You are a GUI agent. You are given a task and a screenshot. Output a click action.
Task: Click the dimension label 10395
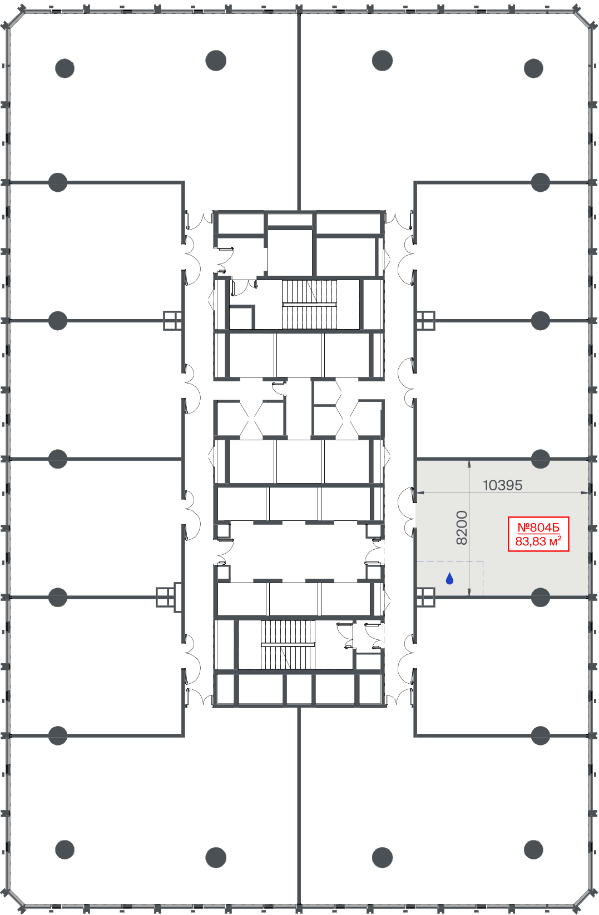(x=502, y=485)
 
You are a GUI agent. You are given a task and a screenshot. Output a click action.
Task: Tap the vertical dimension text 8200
(x=461, y=528)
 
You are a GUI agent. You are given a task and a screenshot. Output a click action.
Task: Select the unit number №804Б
(x=538, y=528)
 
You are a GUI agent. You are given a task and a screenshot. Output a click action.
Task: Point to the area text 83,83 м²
(x=538, y=541)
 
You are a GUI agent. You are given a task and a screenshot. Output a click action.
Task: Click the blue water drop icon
(x=449, y=578)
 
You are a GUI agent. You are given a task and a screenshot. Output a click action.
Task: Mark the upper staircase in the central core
(x=309, y=304)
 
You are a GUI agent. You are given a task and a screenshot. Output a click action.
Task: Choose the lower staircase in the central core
(x=288, y=645)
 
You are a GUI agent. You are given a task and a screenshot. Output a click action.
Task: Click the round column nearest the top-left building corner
(x=65, y=68)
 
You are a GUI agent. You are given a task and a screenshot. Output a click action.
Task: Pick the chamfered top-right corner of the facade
(x=583, y=18)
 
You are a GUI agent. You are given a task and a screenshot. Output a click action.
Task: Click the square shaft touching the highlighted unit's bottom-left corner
(x=426, y=597)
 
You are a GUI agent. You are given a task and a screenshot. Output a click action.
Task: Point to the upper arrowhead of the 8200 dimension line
(x=469, y=464)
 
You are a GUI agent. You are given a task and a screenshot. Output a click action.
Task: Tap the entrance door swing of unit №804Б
(x=406, y=512)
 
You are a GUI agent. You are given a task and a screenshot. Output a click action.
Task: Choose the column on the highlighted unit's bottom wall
(x=540, y=597)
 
